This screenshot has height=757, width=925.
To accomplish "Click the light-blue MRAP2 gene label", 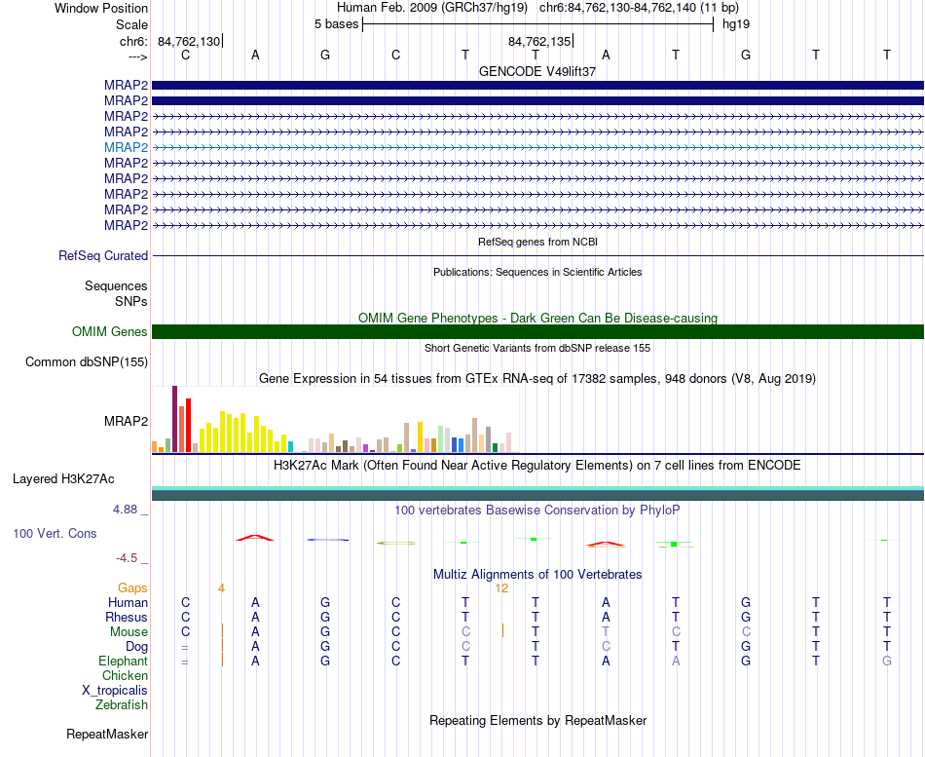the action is (126, 147).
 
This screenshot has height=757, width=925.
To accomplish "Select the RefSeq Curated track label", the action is (103, 255).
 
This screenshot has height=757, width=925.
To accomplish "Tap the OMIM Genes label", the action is (110, 332).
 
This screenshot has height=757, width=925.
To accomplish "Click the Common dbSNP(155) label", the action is (87, 362).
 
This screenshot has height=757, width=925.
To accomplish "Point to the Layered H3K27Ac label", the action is (63, 479).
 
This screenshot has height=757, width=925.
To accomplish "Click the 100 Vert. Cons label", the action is (55, 533).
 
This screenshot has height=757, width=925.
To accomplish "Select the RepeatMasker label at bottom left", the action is (107, 734).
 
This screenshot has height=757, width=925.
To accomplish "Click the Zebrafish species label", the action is (122, 704).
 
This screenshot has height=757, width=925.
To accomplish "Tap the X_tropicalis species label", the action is (115, 691).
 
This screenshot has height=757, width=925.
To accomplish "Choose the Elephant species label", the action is (124, 661).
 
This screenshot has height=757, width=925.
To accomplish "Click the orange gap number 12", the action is (501, 588).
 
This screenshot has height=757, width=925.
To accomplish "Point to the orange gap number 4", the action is (221, 588).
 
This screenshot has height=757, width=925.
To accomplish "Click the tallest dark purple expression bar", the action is (174, 419).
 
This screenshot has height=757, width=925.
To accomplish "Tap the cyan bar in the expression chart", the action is (290, 446).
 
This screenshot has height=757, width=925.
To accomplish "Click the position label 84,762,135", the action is (539, 41).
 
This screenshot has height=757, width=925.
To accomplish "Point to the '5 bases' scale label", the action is (336, 24).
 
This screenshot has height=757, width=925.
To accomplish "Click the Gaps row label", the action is (132, 587).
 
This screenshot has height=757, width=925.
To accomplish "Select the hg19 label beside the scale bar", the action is (736, 24).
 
